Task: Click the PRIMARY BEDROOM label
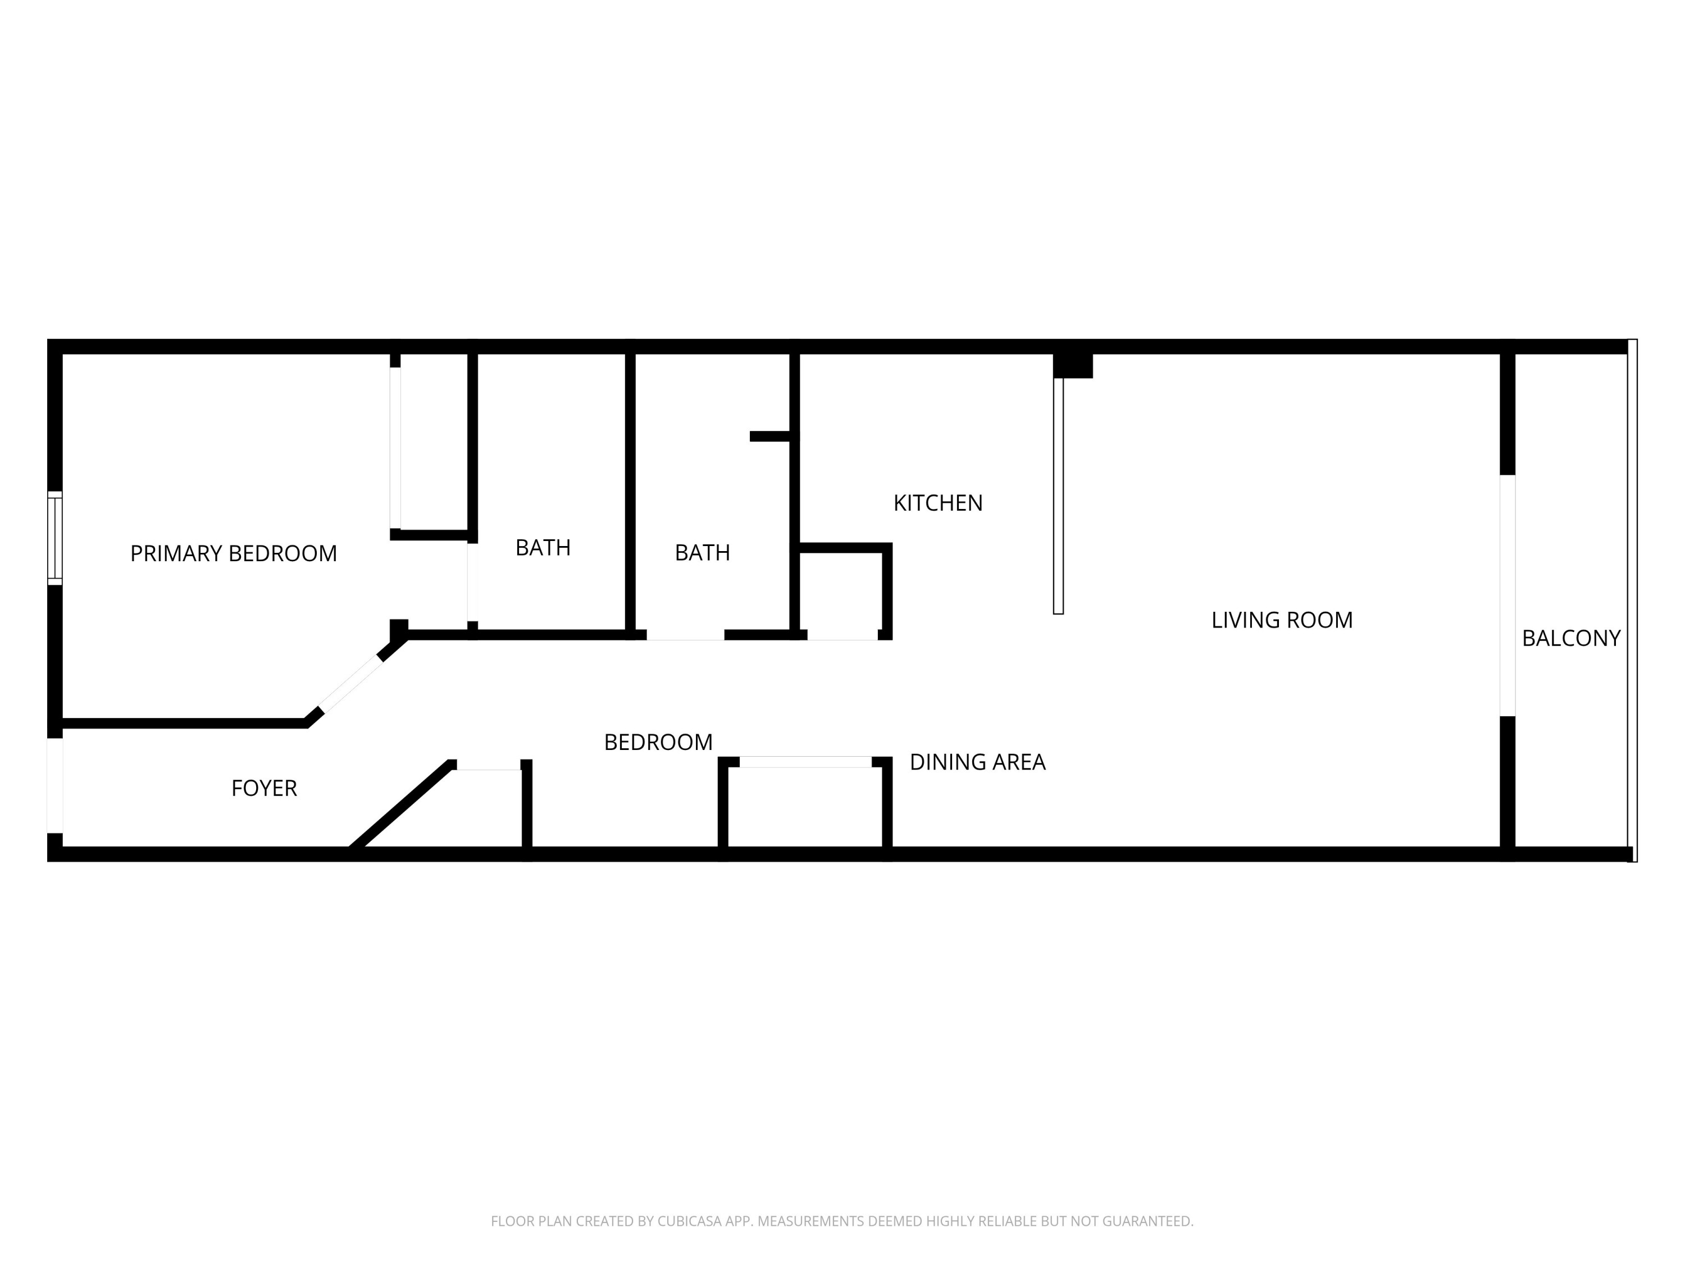(233, 553)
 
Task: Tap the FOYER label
(263, 788)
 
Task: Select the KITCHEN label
(938, 503)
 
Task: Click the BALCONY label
(1571, 639)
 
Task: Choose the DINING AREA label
(977, 762)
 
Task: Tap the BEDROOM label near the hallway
(658, 742)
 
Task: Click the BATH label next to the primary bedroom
(543, 548)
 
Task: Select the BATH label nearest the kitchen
(702, 552)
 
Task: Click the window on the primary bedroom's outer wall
(55, 538)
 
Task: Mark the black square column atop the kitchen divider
(1073, 365)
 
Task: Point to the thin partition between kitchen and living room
(1058, 495)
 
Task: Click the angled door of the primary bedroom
(350, 684)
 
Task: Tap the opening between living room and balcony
(1507, 595)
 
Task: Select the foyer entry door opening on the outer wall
(55, 785)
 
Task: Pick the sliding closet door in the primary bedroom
(395, 447)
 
